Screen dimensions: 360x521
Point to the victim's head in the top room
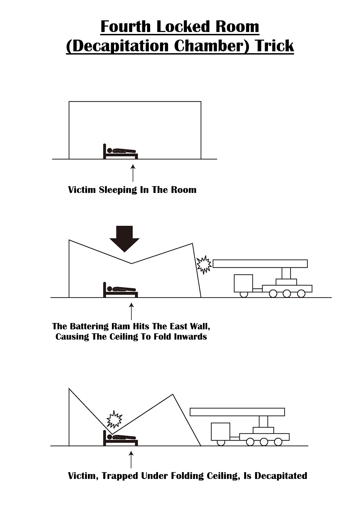pos(110,150)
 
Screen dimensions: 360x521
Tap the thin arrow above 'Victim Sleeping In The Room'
pos(133,173)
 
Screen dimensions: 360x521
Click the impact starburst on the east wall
pos(204,265)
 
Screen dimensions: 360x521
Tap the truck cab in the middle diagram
pos(244,283)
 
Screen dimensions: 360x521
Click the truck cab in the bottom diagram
pos(221,431)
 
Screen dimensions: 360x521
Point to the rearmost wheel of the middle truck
pos(301,293)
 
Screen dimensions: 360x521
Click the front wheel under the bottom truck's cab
pos(221,442)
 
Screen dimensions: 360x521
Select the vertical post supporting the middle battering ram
pos(286,273)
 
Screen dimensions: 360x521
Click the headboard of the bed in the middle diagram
pos(105,290)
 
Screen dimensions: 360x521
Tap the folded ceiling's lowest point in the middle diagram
pos(132,263)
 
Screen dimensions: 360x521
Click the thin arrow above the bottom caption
pos(131,459)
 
